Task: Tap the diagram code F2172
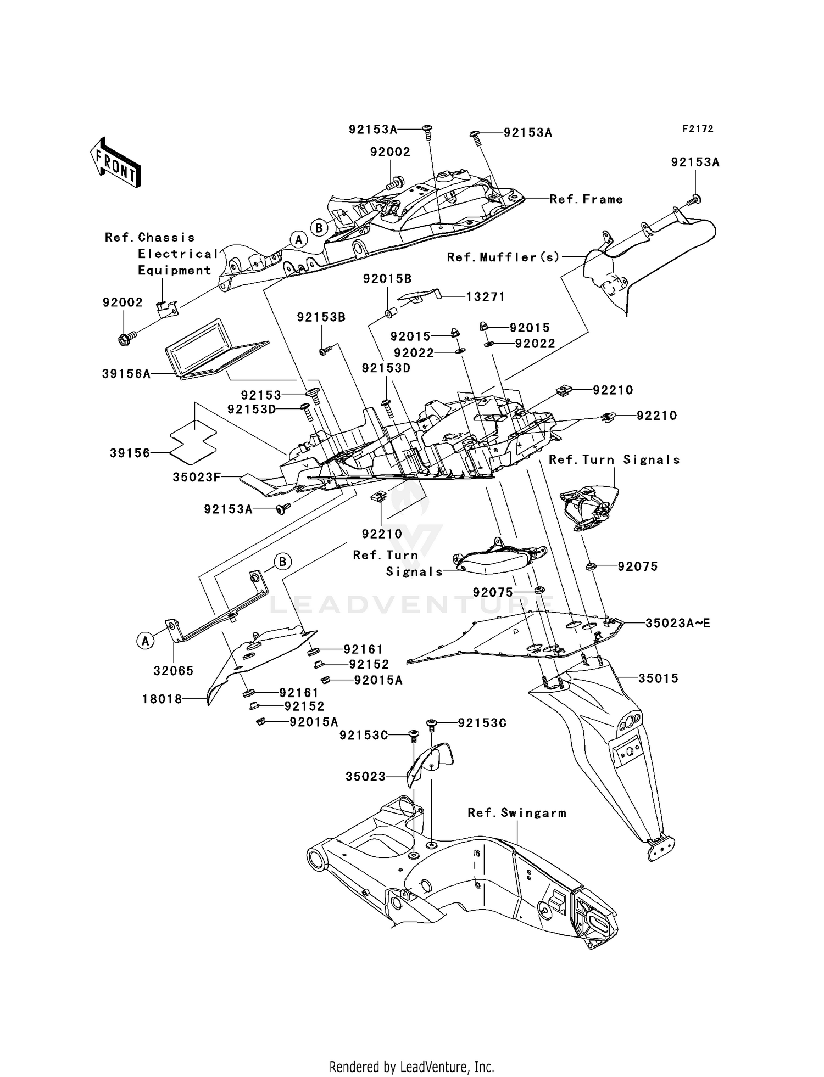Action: click(x=698, y=129)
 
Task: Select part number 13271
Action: click(x=486, y=297)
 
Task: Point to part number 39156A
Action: click(x=126, y=374)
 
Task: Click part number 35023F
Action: click(x=197, y=477)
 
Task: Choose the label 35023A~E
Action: click(x=678, y=623)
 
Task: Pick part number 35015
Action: click(x=658, y=678)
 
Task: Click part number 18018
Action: click(x=162, y=699)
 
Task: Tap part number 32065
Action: click(x=174, y=670)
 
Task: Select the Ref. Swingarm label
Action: click(x=517, y=813)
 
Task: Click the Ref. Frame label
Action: click(x=586, y=199)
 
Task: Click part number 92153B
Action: click(x=321, y=317)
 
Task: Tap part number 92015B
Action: click(x=387, y=279)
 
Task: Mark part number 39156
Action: click(x=130, y=453)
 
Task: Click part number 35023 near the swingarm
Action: click(x=365, y=776)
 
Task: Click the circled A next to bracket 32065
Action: click(x=145, y=640)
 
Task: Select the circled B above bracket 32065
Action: click(x=282, y=562)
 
